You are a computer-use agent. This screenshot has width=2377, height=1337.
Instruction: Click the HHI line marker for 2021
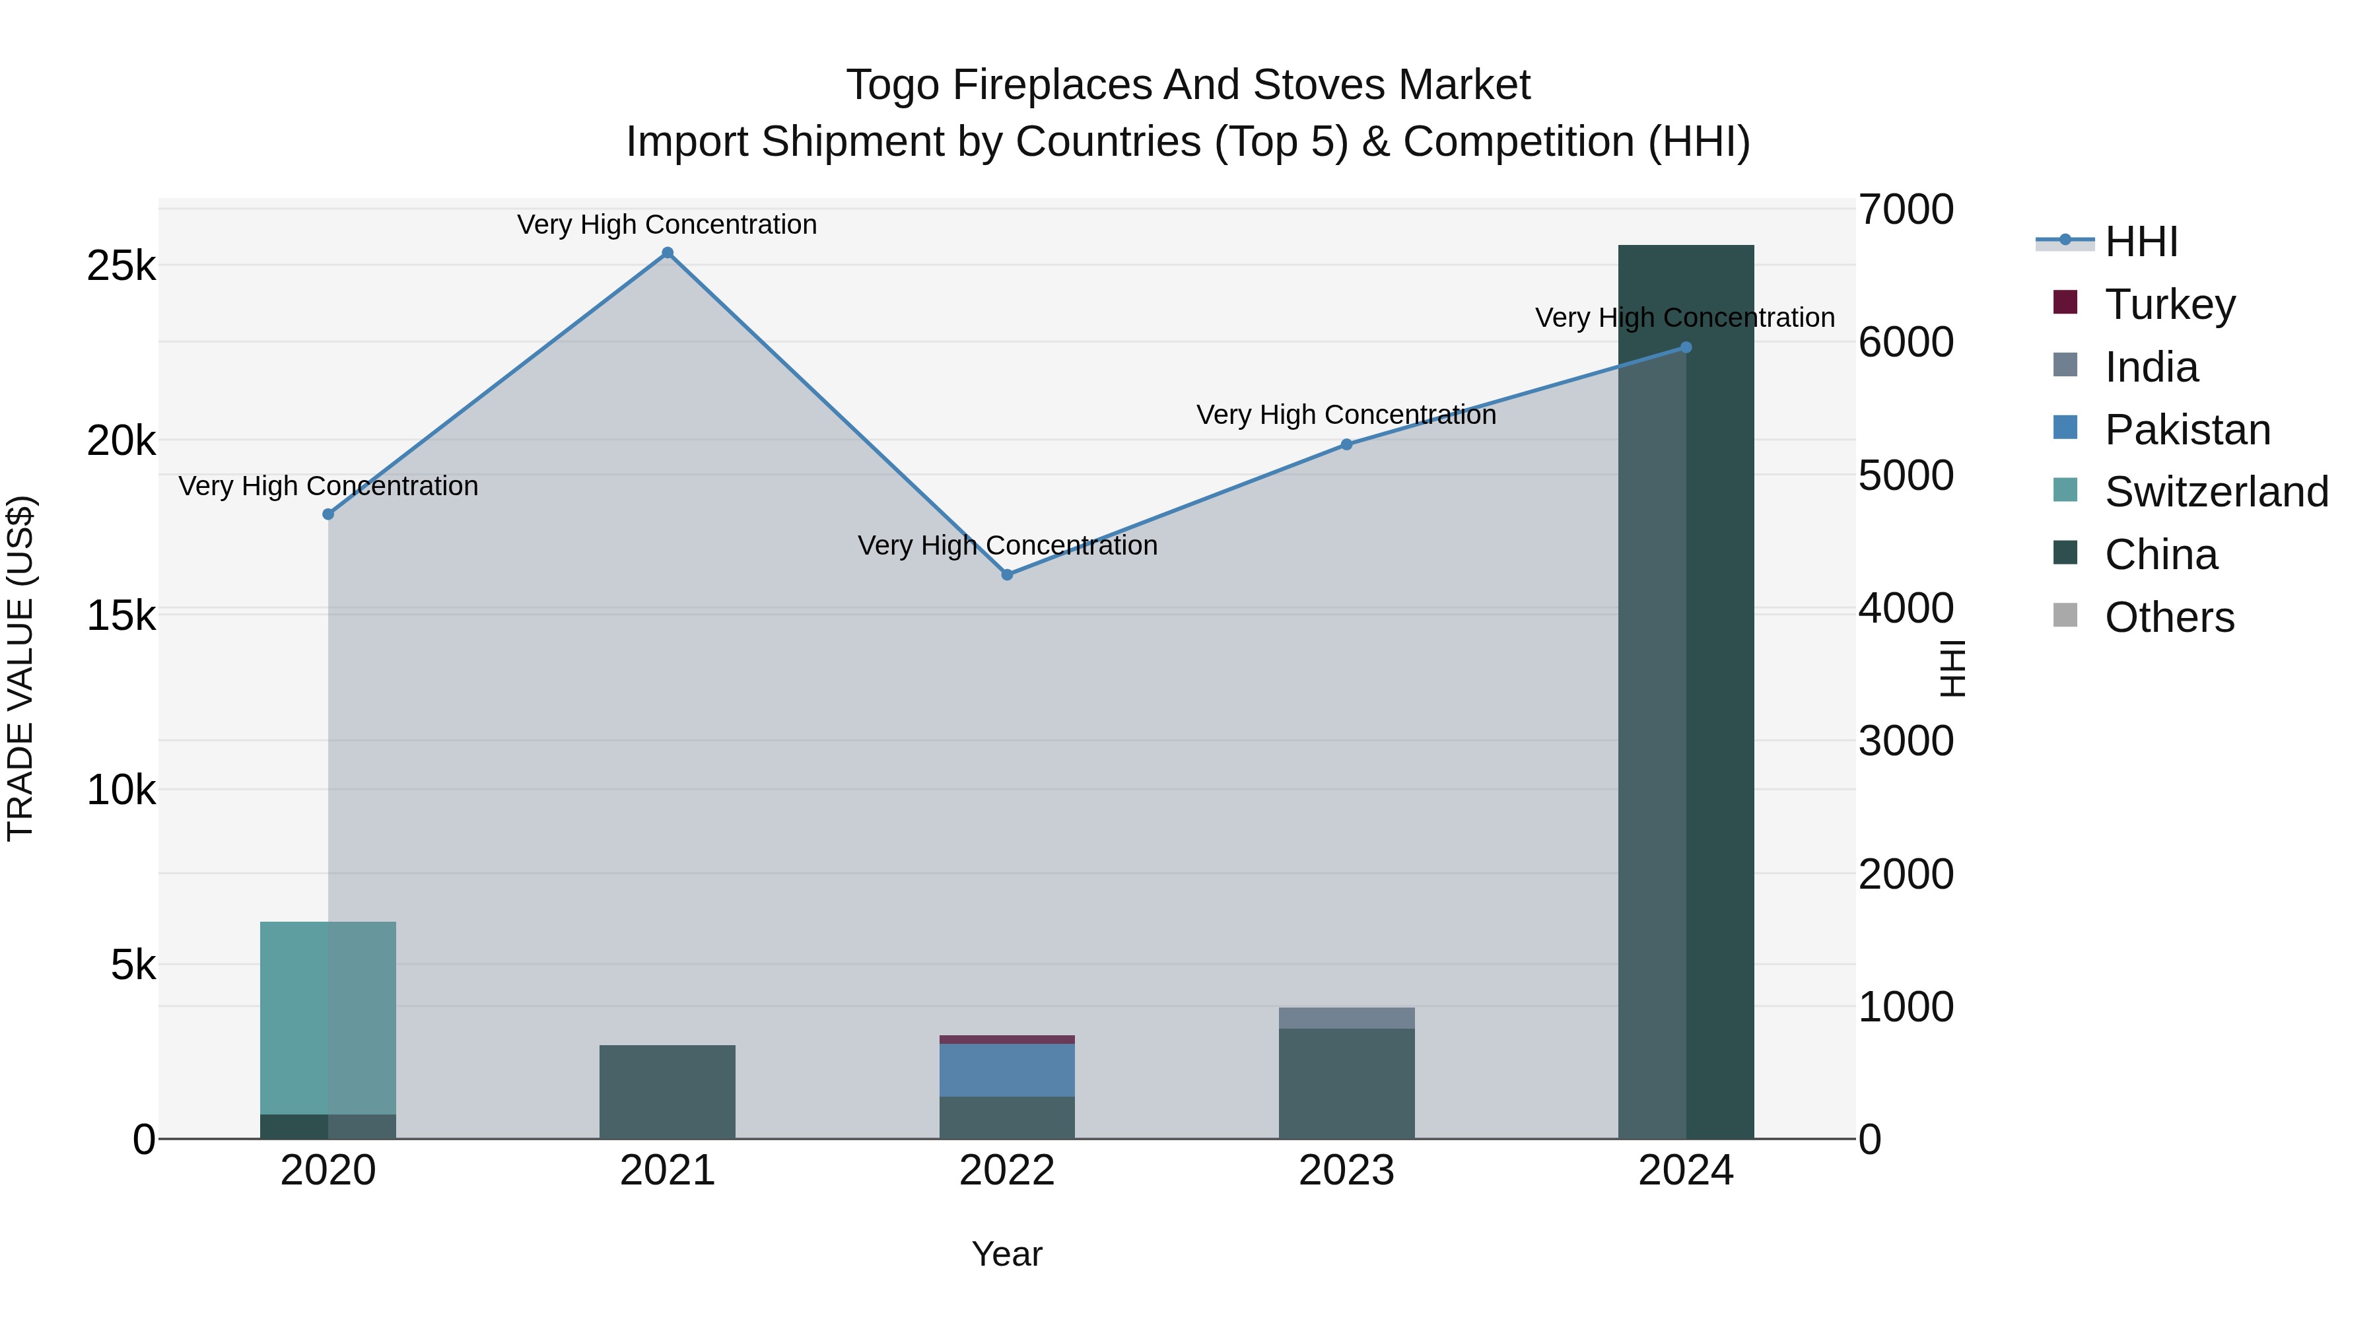coord(667,253)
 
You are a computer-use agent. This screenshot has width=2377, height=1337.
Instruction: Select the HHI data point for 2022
coord(1007,575)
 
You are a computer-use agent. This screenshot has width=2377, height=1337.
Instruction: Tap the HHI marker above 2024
coord(1686,348)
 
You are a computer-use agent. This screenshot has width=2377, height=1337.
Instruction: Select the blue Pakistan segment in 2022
coord(1007,1070)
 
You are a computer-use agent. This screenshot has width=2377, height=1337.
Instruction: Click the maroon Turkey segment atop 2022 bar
coord(1007,1039)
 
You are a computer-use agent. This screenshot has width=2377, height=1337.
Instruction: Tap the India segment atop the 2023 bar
coord(1346,1017)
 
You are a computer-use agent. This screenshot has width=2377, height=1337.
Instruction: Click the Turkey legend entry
coord(2168,304)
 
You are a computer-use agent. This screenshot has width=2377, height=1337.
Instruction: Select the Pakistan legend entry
coord(2186,430)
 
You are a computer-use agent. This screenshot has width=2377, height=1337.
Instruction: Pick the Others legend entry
coord(2168,617)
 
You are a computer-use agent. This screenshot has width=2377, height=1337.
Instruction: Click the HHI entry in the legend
coord(2141,242)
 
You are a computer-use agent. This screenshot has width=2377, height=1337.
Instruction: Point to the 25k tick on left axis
coord(121,267)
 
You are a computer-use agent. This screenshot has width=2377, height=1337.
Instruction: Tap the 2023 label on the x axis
coord(1346,1171)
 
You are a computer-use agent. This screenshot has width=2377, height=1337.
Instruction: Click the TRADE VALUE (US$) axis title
coord(20,668)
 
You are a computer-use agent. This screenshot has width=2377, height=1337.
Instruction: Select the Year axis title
coord(1007,1254)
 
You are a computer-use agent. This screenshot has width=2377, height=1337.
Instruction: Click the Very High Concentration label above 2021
coord(667,224)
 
